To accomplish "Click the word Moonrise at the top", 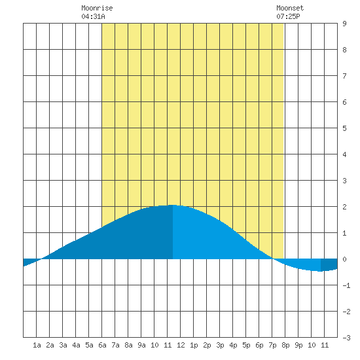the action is (x=97, y=8).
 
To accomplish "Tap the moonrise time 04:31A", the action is (x=93, y=16).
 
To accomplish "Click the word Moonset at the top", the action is (x=290, y=8).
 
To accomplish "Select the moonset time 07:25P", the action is (x=288, y=16).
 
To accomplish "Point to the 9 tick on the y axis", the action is (x=344, y=24).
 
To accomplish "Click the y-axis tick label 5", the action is (x=344, y=128).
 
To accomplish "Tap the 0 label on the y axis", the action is (x=344, y=259).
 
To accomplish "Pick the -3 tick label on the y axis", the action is (x=346, y=338).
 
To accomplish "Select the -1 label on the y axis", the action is (x=346, y=285).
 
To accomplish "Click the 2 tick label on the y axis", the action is (x=344, y=207).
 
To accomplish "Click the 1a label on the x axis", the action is (x=37, y=345).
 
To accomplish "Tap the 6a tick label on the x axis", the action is (x=102, y=345).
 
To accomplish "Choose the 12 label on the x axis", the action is (x=181, y=345).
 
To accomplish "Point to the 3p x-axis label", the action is (x=220, y=345).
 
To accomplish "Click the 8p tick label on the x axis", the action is (x=285, y=345).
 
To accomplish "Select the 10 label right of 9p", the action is (x=312, y=345).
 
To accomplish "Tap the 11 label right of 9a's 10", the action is (x=168, y=345).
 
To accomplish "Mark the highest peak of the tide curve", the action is (x=172, y=205).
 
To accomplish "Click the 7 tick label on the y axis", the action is (x=344, y=76).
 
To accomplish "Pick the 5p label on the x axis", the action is (x=246, y=345).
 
